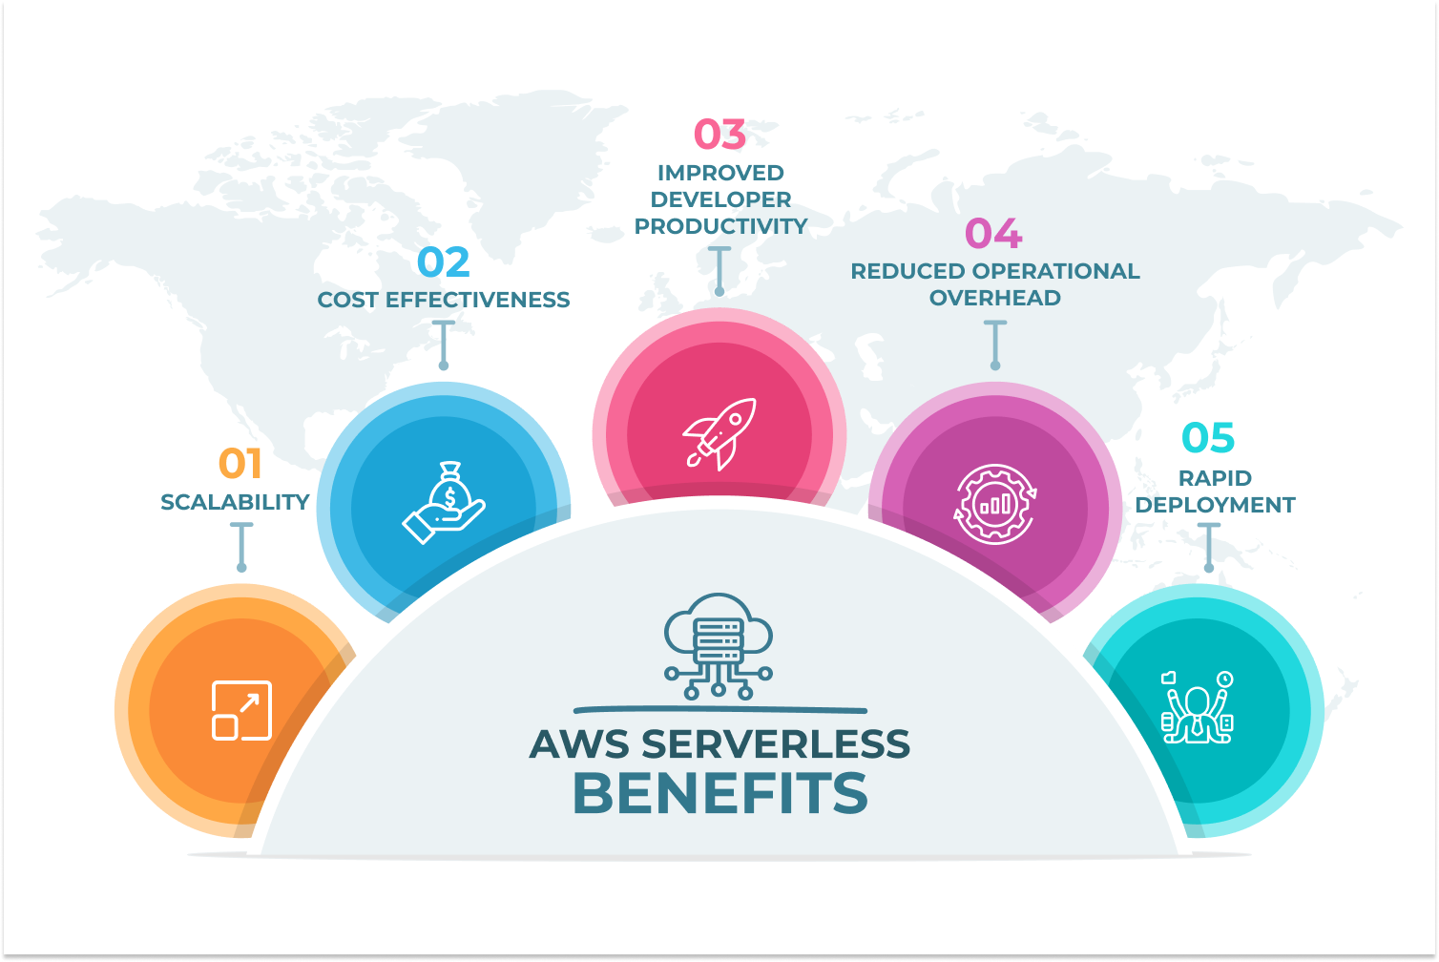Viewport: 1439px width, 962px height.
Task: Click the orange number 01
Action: [x=240, y=464]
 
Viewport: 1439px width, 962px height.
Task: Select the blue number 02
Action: [x=444, y=262]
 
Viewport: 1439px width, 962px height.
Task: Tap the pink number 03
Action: [x=719, y=135]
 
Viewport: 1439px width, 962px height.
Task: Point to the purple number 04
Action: [x=993, y=234]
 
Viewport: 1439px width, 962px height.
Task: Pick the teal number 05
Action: [x=1208, y=438]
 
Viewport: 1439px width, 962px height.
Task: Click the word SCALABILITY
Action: [x=235, y=502]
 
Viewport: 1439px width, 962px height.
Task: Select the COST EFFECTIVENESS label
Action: [x=444, y=300]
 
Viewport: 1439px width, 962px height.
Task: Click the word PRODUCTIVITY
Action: [x=721, y=226]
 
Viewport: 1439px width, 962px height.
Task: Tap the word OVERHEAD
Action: [x=995, y=298]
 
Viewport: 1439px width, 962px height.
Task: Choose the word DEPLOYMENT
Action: [x=1216, y=505]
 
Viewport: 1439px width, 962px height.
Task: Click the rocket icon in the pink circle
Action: [x=719, y=433]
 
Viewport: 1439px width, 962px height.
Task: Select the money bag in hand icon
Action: [x=444, y=503]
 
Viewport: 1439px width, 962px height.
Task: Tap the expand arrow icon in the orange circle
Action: [x=241, y=710]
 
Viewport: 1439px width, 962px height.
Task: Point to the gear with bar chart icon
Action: [x=995, y=504]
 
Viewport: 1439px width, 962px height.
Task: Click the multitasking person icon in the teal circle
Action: [x=1198, y=707]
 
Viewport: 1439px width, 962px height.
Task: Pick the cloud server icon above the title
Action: [x=719, y=646]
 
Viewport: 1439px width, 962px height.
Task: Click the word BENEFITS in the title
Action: [x=720, y=793]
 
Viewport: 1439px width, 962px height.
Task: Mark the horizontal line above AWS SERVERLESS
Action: [x=719, y=710]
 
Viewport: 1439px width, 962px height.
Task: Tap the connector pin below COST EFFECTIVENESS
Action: [x=443, y=345]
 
